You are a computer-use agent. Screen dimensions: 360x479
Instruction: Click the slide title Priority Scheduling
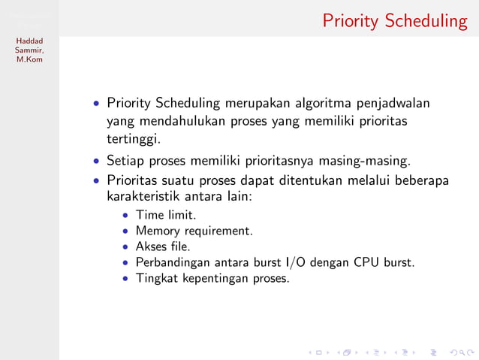pyautogui.click(x=395, y=20)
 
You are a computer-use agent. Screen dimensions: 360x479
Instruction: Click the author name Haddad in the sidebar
pyautogui.click(x=29, y=41)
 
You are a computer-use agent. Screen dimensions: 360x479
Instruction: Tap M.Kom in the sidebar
pyautogui.click(x=29, y=59)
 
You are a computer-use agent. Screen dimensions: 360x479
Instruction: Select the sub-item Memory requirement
pyautogui.click(x=194, y=231)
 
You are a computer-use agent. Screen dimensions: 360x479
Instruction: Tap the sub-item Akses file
pyautogui.click(x=163, y=247)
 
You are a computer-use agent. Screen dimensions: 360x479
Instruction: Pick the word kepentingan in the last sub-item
pyautogui.click(x=213, y=278)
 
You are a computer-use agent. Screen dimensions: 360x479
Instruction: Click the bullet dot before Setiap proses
pyautogui.click(x=97, y=161)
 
